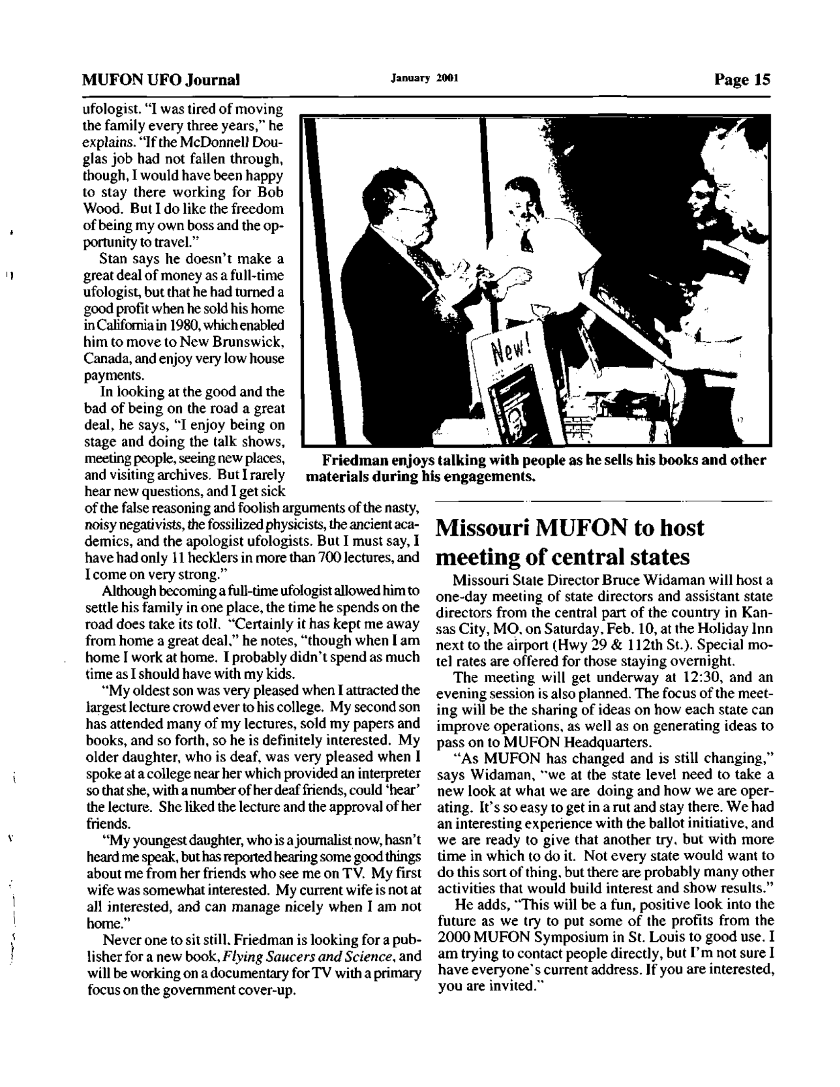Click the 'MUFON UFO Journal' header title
(161, 80)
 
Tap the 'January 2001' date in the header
(424, 78)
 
